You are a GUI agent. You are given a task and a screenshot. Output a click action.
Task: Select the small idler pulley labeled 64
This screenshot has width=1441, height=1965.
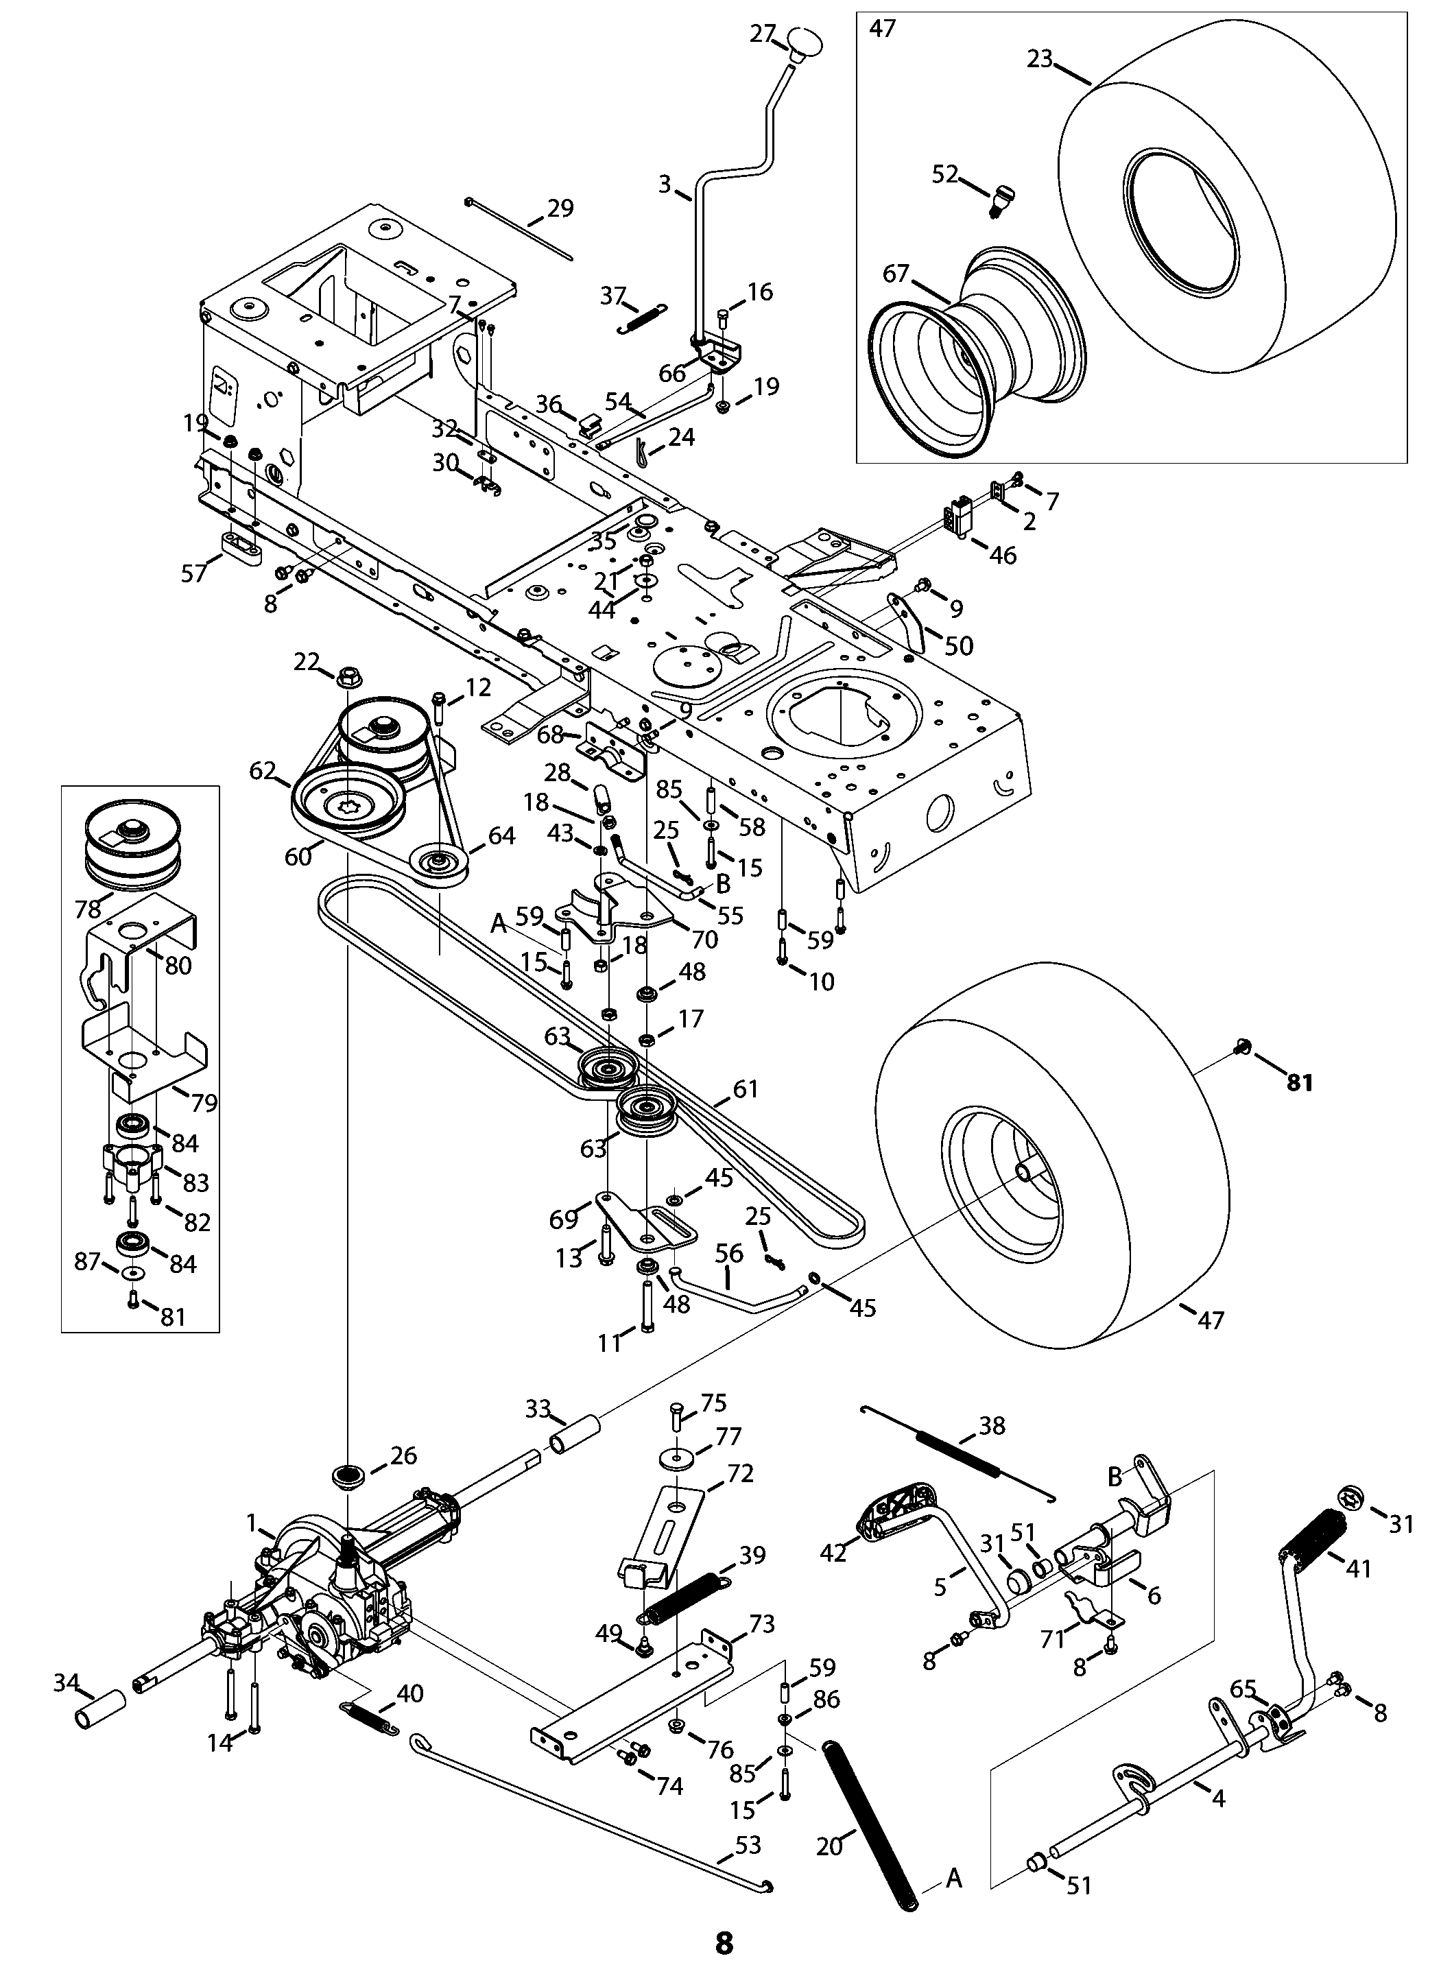(x=440, y=863)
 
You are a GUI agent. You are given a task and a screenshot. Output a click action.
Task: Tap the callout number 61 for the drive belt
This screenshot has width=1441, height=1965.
(x=746, y=1088)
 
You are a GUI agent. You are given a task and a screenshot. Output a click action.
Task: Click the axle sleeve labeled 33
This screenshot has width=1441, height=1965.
(x=575, y=1432)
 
